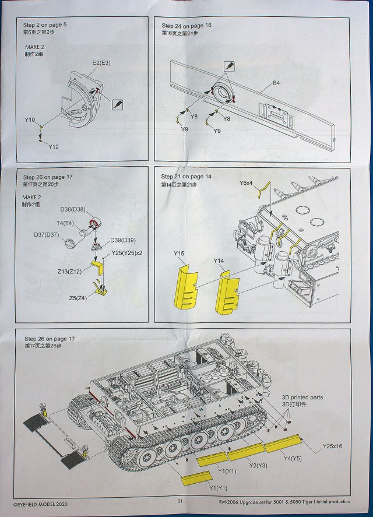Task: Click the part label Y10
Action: pos(30,120)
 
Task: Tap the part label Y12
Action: pos(54,147)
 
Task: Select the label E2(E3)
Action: pos(101,62)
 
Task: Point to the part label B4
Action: pos(276,83)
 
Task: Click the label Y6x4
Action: pos(246,182)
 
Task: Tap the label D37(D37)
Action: pos(47,235)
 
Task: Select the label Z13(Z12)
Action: pos(69,272)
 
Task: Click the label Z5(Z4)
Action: pos(78,298)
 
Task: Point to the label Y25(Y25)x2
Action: pos(127,253)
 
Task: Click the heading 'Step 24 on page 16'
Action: pos(186,26)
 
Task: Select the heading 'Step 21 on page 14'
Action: pos(186,177)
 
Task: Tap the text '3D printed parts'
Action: pos(302,398)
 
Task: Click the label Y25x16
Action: pos(332,446)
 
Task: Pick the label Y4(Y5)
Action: pos(293,458)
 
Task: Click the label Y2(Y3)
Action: pos(258,466)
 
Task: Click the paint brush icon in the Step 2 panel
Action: pos(117,104)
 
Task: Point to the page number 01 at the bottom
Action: pos(180,501)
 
